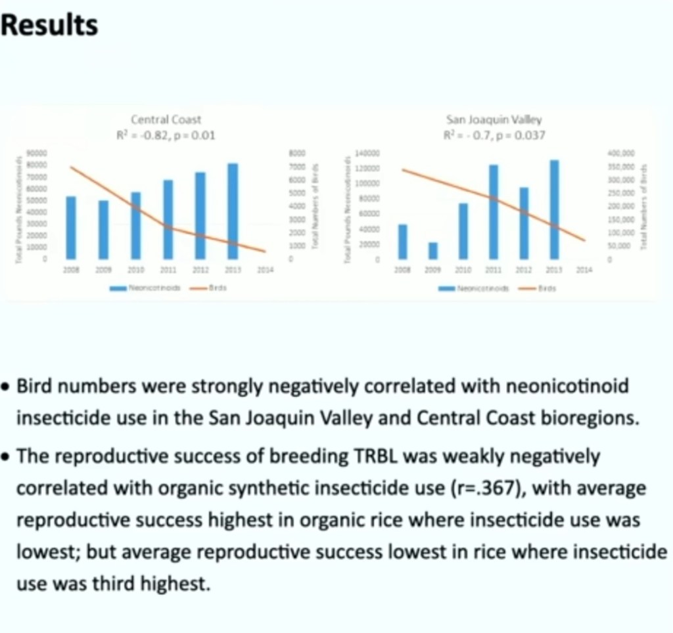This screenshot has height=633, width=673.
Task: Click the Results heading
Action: click(50, 26)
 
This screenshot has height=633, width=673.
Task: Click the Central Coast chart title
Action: click(166, 120)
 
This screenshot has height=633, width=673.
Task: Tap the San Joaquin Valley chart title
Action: click(494, 120)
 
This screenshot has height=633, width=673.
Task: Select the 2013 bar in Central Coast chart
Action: click(232, 211)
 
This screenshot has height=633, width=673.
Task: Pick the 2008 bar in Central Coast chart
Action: click(71, 227)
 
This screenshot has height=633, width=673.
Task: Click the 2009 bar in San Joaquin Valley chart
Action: click(432, 251)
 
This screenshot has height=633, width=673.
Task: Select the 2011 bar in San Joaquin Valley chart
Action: click(494, 211)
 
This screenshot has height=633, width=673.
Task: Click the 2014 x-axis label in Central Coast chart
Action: click(264, 270)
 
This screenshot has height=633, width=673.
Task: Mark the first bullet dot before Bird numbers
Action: click(6, 387)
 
